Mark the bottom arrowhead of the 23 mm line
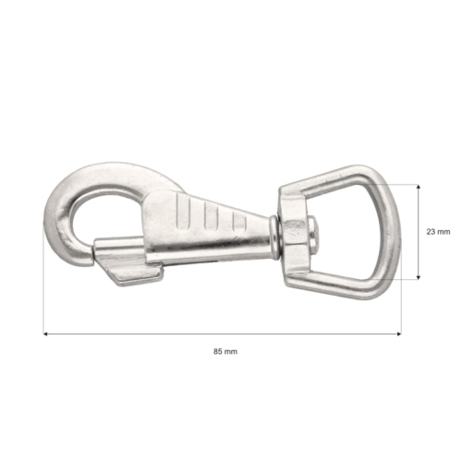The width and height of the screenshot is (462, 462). tap(420, 276)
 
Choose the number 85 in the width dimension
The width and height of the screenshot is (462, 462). tap(219, 352)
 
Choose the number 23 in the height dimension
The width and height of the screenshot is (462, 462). tap(432, 231)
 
